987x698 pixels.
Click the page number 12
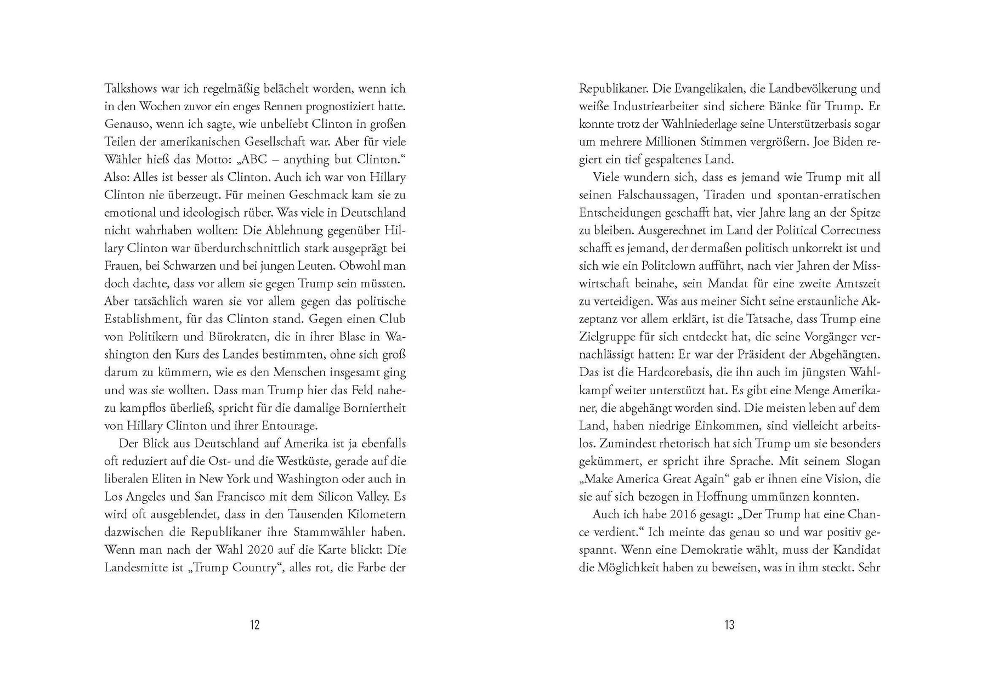coord(254,625)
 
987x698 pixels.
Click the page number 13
coord(729,625)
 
